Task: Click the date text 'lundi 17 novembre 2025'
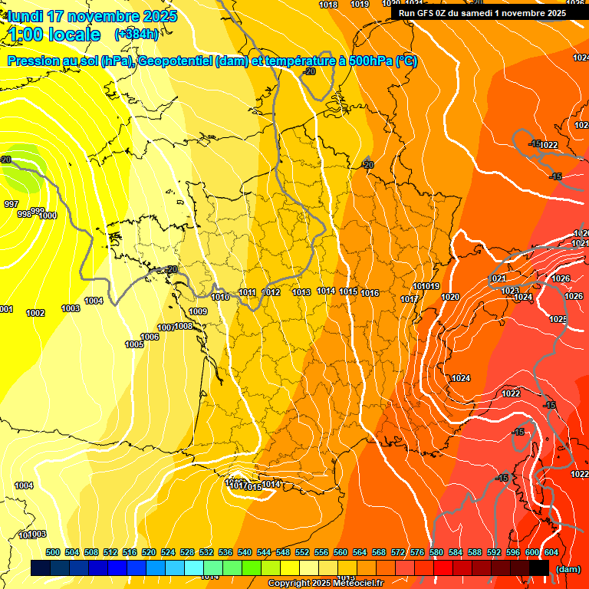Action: [92, 16]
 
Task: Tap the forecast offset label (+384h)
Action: [137, 35]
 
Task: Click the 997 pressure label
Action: [12, 204]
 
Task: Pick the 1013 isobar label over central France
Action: [301, 292]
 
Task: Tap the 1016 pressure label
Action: [370, 293]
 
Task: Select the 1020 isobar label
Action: [450, 297]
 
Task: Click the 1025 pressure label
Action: [558, 319]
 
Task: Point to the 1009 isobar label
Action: [198, 311]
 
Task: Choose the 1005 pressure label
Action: [134, 344]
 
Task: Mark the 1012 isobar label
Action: [271, 292]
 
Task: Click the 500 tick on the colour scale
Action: [53, 552]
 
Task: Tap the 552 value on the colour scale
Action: [302, 552]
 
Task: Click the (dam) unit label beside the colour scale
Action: [568, 569]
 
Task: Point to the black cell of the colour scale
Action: [539, 568]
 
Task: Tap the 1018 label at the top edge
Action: [328, 5]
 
